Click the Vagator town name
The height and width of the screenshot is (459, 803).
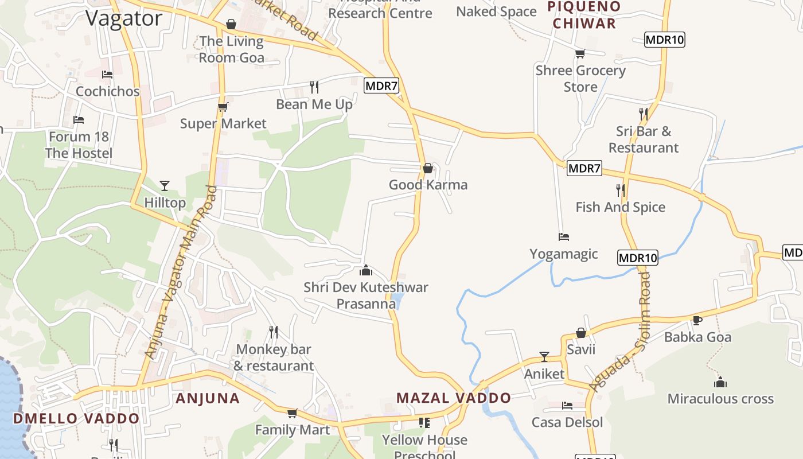(x=124, y=18)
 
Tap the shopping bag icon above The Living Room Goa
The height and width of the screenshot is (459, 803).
(x=231, y=24)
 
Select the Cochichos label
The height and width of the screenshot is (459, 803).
(x=108, y=91)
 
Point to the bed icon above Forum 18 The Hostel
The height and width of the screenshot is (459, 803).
(x=79, y=120)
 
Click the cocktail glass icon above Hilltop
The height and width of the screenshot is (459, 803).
(x=165, y=185)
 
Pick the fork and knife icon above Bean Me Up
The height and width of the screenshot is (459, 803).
(x=314, y=87)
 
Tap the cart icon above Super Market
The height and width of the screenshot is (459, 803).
(x=223, y=107)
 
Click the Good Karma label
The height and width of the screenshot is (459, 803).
(x=428, y=185)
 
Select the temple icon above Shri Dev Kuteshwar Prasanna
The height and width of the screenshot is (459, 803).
(x=366, y=270)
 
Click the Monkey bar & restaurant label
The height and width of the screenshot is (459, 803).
(x=274, y=357)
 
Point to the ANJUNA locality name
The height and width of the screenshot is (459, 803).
(x=208, y=398)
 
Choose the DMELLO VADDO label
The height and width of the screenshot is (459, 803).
(x=76, y=418)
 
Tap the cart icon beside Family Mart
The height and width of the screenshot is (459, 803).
(x=293, y=413)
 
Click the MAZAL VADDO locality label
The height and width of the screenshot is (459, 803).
(x=454, y=398)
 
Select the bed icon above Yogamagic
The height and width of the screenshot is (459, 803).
(x=564, y=236)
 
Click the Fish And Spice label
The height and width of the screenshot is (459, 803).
(x=621, y=207)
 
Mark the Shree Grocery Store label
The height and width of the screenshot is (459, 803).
(x=580, y=79)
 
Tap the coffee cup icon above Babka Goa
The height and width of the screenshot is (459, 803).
(x=697, y=320)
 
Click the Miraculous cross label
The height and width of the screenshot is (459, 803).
(x=720, y=399)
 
